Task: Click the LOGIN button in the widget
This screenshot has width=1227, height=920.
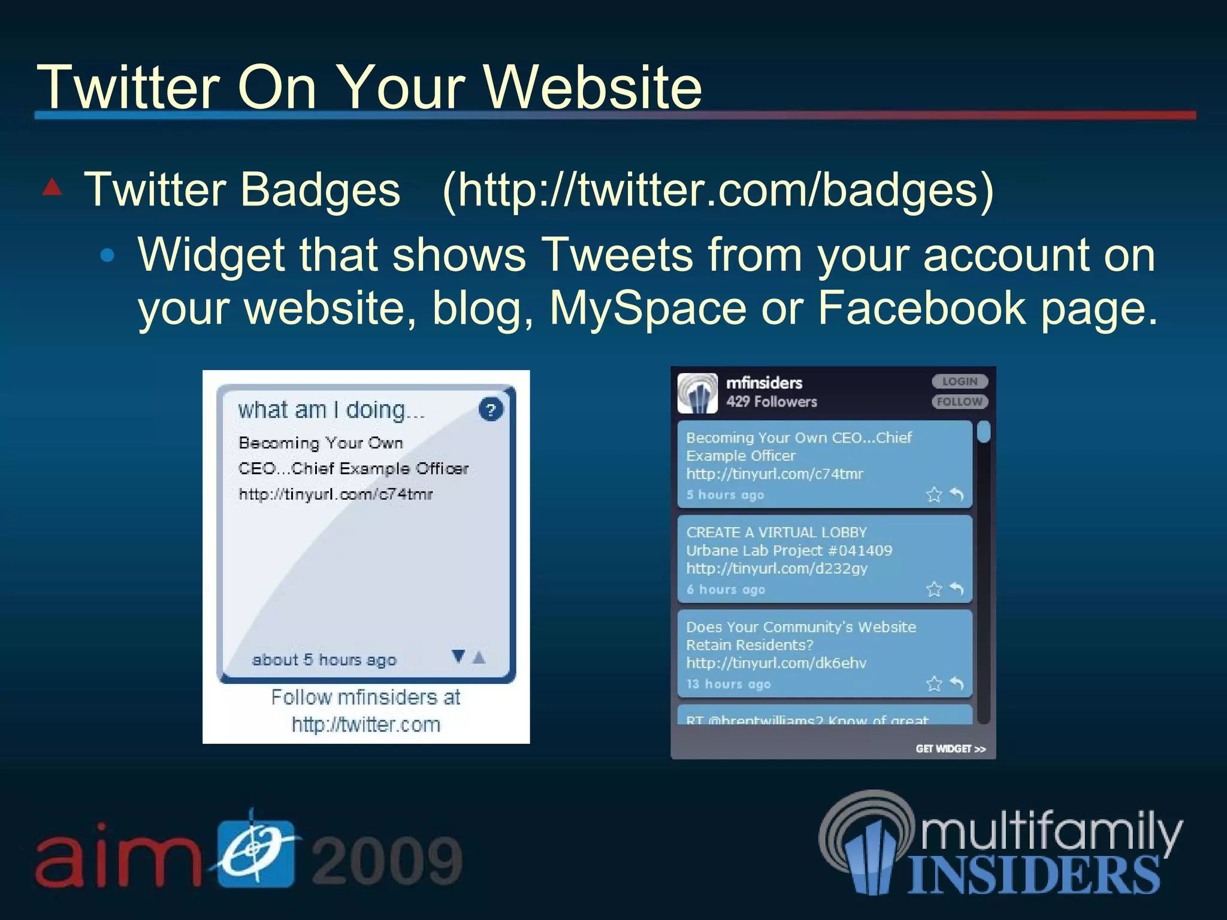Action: click(959, 382)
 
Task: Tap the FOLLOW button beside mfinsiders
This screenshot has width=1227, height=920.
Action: click(959, 402)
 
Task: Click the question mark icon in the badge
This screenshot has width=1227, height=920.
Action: click(491, 410)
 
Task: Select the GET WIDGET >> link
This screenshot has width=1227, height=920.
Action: click(950, 749)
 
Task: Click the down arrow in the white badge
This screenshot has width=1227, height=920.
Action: click(458, 656)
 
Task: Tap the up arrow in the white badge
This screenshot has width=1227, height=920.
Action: click(479, 657)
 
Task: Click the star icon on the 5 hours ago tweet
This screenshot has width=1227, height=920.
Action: click(934, 495)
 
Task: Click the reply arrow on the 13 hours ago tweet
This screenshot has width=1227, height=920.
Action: click(957, 683)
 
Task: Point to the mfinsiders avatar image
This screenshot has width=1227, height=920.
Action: click(697, 393)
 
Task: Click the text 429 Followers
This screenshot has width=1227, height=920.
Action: click(772, 402)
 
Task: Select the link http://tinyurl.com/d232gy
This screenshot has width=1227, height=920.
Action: click(776, 568)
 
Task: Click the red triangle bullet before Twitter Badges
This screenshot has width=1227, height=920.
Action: click(53, 187)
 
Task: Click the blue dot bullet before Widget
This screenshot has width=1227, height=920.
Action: click(107, 256)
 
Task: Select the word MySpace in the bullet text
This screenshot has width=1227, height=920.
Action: click(648, 308)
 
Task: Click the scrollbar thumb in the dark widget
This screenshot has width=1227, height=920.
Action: click(983, 432)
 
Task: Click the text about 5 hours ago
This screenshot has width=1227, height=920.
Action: click(324, 660)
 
